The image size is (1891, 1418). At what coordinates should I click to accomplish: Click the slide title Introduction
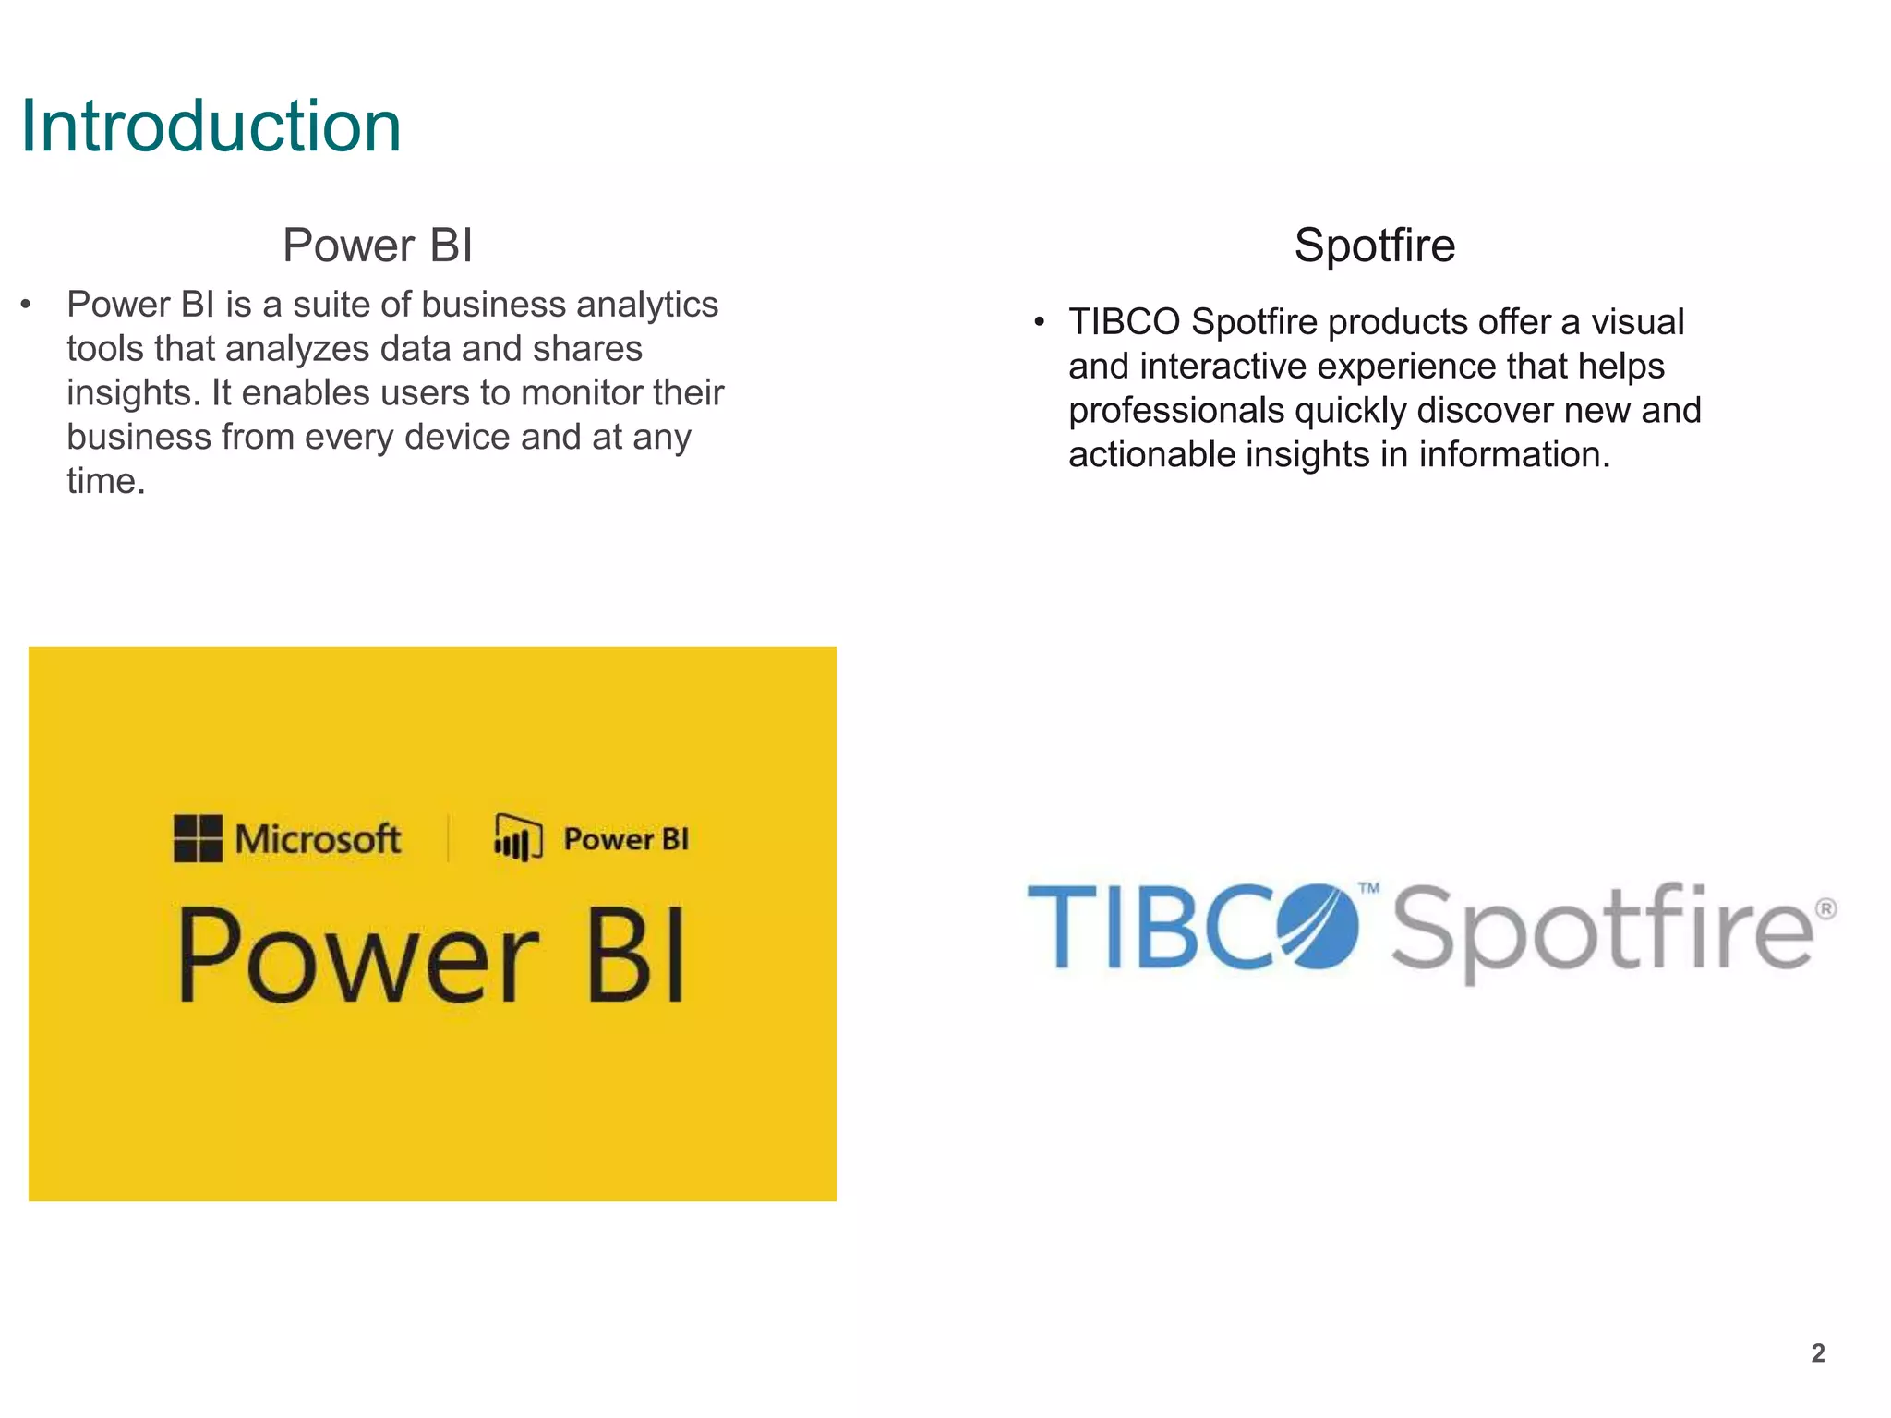coord(211,126)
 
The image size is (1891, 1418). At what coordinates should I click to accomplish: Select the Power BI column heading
coord(378,246)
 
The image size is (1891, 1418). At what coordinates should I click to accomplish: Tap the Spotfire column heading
coord(1374,246)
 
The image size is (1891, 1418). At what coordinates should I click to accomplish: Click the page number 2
coord(1817,1353)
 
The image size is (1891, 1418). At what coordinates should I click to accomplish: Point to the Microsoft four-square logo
coord(198,838)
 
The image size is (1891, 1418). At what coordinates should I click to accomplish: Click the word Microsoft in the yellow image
coord(318,839)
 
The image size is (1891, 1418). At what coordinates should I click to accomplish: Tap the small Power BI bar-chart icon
coord(518,837)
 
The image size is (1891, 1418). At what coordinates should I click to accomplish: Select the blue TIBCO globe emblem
coord(1319,926)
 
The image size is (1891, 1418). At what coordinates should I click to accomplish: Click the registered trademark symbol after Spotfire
coord(1825,909)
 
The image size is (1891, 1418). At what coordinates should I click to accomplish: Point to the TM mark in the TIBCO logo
coord(1368,888)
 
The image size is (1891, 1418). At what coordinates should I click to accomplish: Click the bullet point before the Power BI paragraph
coord(26,305)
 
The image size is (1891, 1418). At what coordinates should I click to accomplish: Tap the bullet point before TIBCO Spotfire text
coord(1039,322)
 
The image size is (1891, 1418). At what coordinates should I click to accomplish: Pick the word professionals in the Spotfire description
coord(1175,411)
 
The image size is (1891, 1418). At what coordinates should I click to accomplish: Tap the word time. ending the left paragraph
coord(105,481)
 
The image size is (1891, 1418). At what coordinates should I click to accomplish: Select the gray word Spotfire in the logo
coord(1602,931)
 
